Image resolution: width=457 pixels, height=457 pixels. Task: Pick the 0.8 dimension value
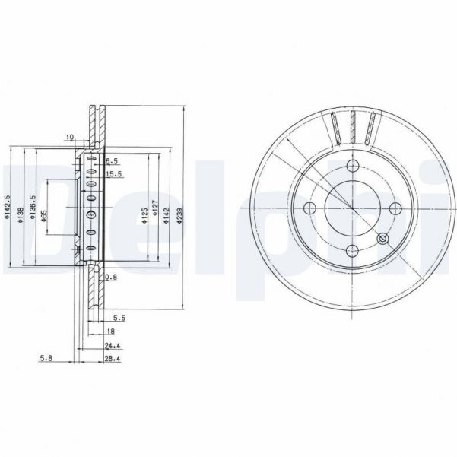click(111, 277)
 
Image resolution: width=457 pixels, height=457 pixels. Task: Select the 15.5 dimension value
click(113, 174)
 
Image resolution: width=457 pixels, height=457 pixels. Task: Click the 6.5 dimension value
click(113, 161)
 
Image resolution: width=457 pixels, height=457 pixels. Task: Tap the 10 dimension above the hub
click(69, 138)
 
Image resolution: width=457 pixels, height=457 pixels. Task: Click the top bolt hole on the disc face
click(351, 167)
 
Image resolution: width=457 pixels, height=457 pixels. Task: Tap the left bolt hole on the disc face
click(309, 209)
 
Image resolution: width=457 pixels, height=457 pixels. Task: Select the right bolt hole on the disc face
click(394, 209)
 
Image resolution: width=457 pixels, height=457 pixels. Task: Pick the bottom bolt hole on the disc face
click(351, 252)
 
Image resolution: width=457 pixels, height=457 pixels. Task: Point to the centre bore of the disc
click(351, 209)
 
